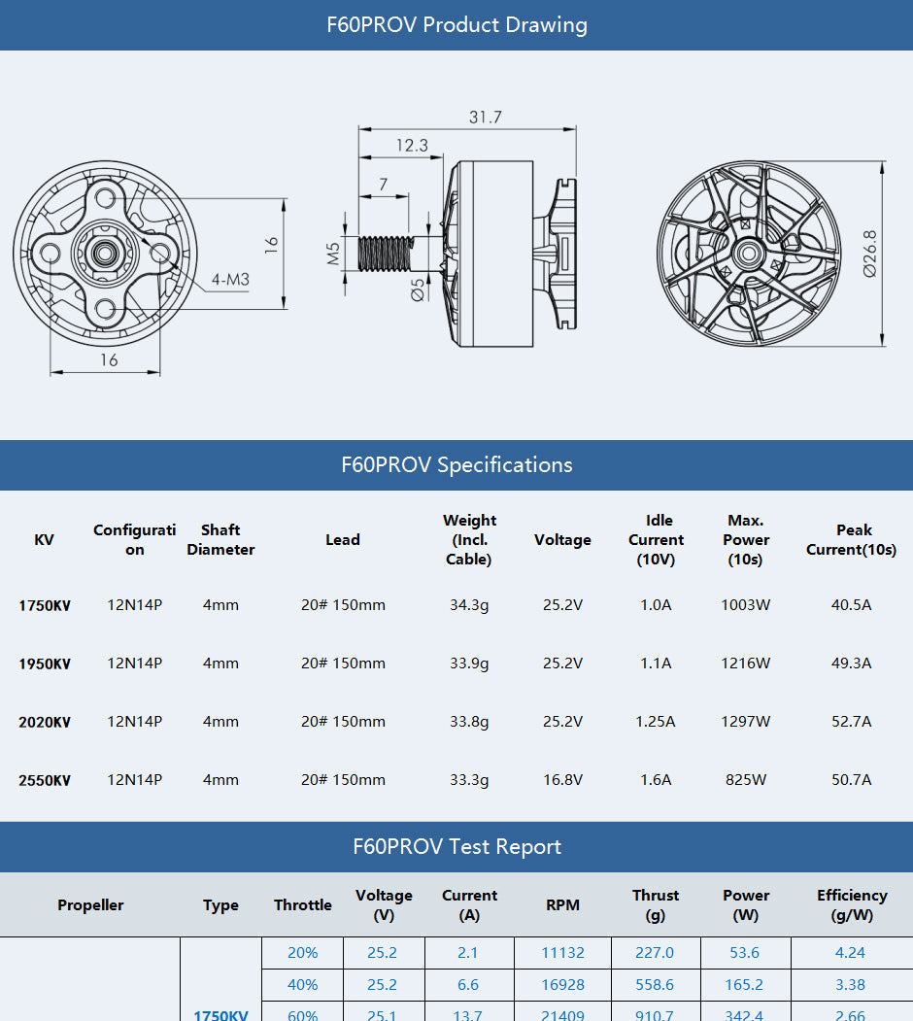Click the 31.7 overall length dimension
tap(486, 117)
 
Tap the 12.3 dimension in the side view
tap(412, 146)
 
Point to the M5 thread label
tap(333, 255)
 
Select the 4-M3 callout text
tap(231, 280)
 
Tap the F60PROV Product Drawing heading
tap(456, 24)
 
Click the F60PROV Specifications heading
tap(456, 464)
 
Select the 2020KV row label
tap(45, 722)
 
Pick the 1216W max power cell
tap(746, 664)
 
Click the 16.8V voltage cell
tap(562, 780)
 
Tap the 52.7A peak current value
tap(852, 722)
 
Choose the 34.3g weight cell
tap(469, 605)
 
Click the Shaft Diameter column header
tap(220, 540)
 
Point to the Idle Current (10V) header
tap(656, 540)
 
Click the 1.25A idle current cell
tap(656, 722)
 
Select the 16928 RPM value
tap(562, 985)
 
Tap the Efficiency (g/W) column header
tap(851, 904)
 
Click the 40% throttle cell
tap(302, 985)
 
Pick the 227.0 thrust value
tap(655, 953)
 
